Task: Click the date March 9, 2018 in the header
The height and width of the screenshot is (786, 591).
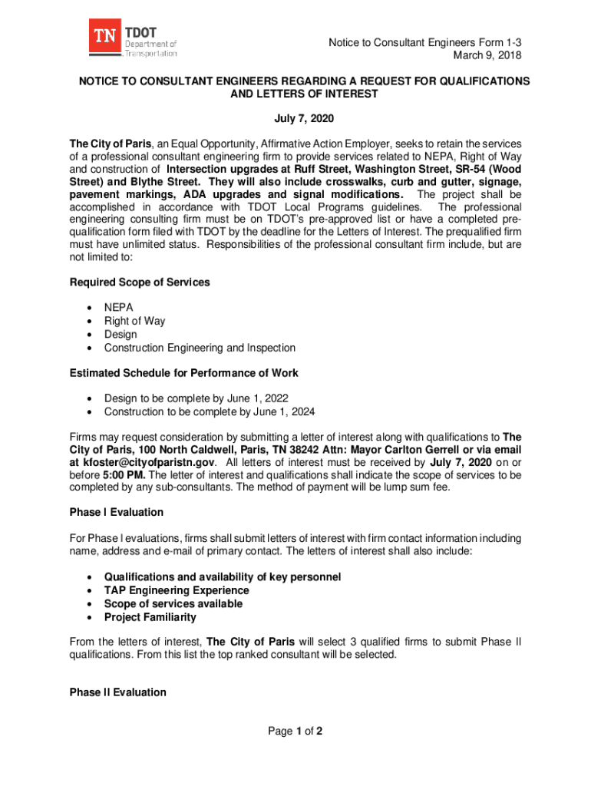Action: [x=487, y=55]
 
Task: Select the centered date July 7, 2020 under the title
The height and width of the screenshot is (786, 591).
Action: [x=305, y=119]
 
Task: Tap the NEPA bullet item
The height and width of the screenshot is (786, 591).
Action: [x=119, y=307]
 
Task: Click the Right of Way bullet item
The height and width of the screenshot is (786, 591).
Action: [x=134, y=321]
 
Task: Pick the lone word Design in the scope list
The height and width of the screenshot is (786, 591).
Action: [x=121, y=335]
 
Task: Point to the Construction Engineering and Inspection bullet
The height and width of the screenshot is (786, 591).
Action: [x=200, y=348]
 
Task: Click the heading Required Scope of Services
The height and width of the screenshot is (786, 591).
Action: [x=139, y=282]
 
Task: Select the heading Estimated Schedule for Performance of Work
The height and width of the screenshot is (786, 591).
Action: [x=183, y=373]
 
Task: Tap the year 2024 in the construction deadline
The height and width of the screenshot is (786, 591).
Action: [x=302, y=411]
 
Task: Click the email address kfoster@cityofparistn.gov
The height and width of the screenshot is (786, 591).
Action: [x=149, y=463]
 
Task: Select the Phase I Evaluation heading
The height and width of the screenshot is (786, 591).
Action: [x=116, y=512]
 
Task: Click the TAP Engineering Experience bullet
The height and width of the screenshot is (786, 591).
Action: [x=177, y=590]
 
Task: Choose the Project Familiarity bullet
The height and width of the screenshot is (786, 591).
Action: [x=150, y=617]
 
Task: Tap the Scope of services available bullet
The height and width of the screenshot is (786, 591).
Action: [x=173, y=603]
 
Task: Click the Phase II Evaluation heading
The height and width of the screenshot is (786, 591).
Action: [x=117, y=692]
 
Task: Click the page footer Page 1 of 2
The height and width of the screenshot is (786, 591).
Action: [x=295, y=732]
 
